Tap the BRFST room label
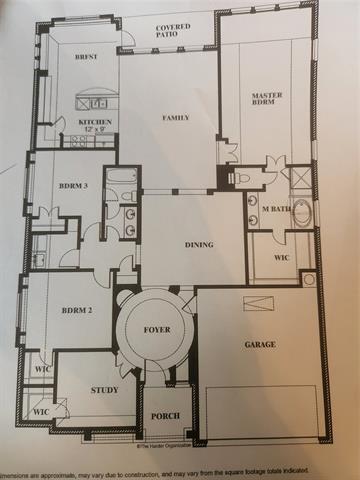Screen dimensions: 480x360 pyautogui.click(x=86, y=59)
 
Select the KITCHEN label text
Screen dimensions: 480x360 pyautogui.click(x=95, y=122)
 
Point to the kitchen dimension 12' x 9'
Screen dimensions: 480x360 pyautogui.click(x=95, y=131)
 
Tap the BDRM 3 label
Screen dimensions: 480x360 pyautogui.click(x=73, y=187)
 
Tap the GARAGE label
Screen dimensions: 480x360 pyautogui.click(x=261, y=344)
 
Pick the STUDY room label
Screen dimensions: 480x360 pyautogui.click(x=105, y=390)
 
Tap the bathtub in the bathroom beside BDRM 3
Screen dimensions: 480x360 pyautogui.click(x=122, y=180)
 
